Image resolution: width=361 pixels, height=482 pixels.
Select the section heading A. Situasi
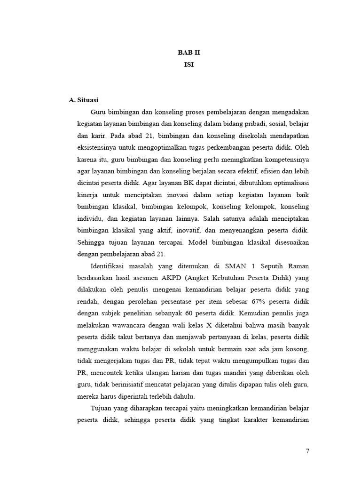[83, 100]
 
